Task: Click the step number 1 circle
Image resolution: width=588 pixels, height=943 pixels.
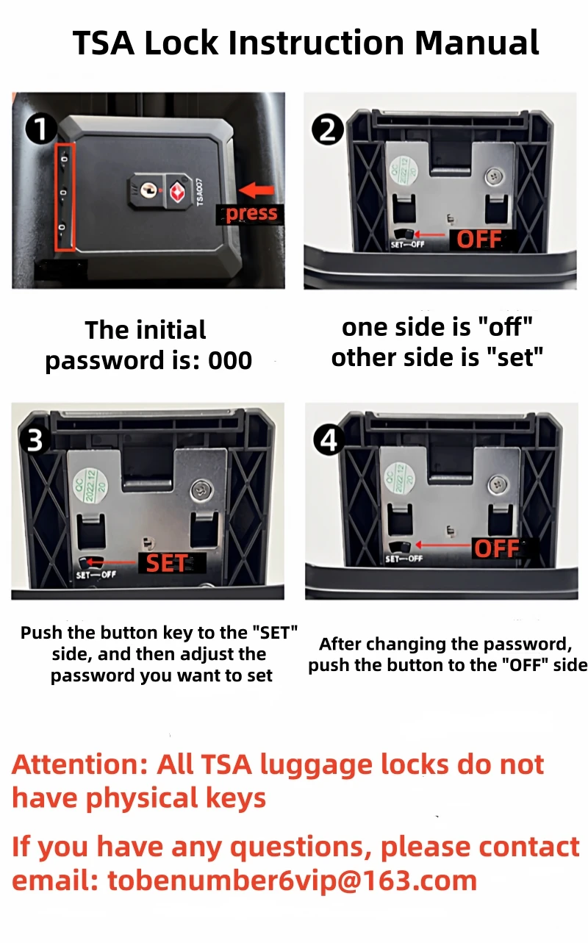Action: point(41,129)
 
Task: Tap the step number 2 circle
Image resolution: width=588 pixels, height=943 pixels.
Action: point(328,129)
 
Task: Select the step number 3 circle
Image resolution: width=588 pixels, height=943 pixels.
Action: point(35,440)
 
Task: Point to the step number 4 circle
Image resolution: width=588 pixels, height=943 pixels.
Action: point(329,440)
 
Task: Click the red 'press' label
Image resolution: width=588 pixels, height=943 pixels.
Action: point(251,213)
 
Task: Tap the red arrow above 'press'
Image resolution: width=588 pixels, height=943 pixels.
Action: point(257,190)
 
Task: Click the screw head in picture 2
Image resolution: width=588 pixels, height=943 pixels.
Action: point(493,176)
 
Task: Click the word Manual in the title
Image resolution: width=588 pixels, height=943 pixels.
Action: point(477,43)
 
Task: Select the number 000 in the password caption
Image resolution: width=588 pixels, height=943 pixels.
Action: point(230,360)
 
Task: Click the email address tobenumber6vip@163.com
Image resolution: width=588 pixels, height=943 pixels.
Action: point(292,881)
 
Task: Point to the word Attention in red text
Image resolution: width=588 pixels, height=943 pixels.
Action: point(80,764)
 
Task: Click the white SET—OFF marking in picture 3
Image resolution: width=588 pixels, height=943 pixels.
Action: point(96,574)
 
